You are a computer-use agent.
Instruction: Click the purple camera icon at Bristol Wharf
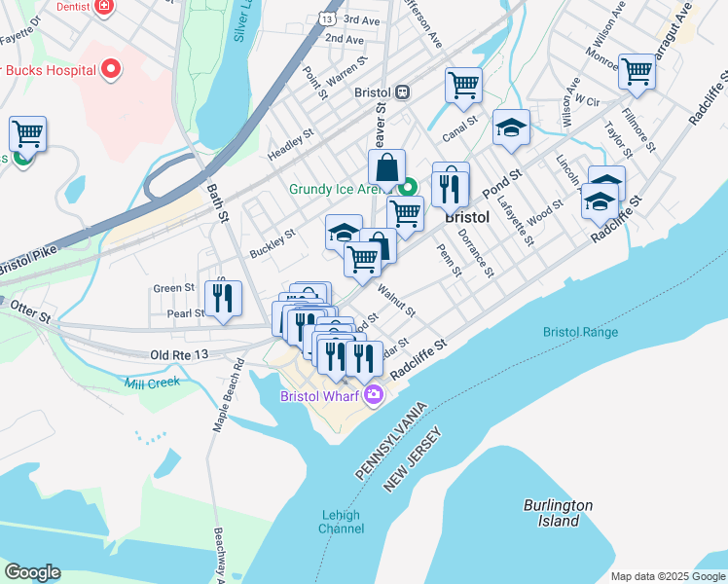coord(374,394)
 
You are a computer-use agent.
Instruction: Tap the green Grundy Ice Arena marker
coord(410,188)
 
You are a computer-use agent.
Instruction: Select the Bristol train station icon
coord(401,91)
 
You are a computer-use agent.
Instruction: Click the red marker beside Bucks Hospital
coord(111,69)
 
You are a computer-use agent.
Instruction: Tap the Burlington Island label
coord(558,512)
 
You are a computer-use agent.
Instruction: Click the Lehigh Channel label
coord(341,522)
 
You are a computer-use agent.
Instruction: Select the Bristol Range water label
coord(581,333)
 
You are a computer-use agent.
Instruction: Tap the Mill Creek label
coord(152,383)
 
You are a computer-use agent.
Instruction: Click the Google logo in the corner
coord(32,571)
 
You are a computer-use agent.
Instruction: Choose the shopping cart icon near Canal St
coord(464,85)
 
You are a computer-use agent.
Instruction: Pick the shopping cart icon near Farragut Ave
coord(637,70)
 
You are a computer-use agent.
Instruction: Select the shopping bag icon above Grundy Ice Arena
coord(387,166)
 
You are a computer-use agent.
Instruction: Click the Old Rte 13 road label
coord(180,356)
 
